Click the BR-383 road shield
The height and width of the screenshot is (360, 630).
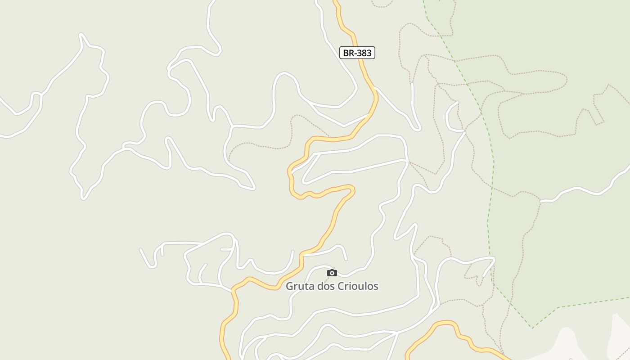[x=357, y=53]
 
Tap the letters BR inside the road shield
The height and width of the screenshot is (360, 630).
[x=348, y=53]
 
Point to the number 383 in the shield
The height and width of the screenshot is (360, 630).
[x=364, y=53]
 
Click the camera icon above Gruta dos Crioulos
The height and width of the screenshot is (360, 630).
[x=332, y=273]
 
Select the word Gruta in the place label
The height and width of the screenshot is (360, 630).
[x=299, y=286]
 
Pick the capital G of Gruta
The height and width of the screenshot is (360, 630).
[x=290, y=286]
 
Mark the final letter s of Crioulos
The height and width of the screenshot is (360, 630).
[x=376, y=286]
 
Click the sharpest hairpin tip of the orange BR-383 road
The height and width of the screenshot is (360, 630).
[x=353, y=190]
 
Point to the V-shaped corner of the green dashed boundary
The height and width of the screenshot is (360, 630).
[x=532, y=328]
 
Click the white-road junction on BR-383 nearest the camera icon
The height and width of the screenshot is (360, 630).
[x=304, y=255]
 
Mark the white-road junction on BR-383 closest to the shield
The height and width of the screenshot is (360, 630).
[x=374, y=88]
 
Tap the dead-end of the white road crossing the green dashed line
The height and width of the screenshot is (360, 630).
[x=484, y=275]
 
